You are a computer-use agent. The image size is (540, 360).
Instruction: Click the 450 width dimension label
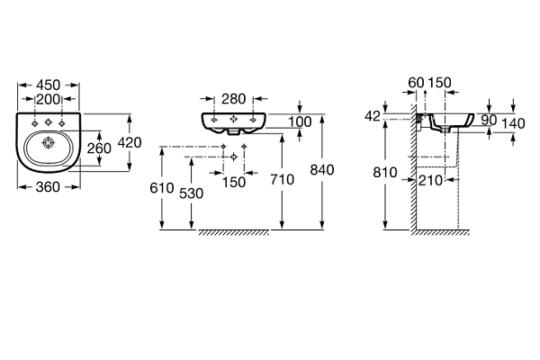coord(49,85)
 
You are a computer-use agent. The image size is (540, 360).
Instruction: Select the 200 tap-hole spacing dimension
coord(49,100)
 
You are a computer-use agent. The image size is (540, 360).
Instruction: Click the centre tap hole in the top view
coord(49,121)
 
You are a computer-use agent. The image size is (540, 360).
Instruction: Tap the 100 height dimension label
coord(301,121)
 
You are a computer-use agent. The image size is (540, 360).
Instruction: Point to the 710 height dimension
coord(283,180)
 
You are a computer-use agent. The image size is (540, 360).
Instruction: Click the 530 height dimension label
coord(191,192)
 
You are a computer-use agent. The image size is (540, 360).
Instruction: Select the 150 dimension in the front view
coord(234,184)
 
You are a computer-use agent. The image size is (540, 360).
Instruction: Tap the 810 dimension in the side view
coord(384,171)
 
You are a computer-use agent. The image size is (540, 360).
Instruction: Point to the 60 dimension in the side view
coord(415,83)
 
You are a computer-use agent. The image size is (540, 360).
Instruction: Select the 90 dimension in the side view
coord(488,119)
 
